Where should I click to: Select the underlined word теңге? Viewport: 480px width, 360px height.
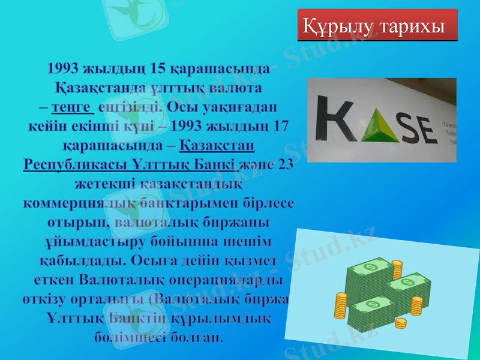tap(73, 109)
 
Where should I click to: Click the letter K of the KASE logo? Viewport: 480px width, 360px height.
tap(336, 123)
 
